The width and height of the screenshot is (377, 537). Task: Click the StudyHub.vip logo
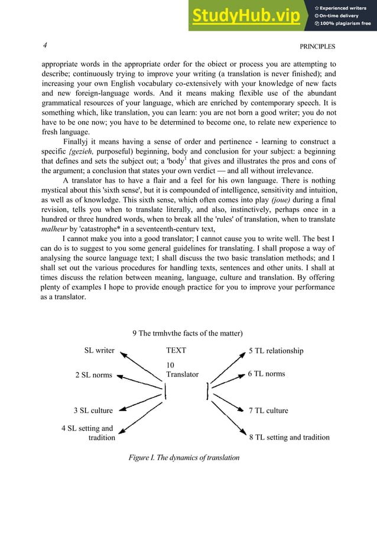[x=245, y=16]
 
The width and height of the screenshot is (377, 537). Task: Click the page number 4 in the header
[x=45, y=45]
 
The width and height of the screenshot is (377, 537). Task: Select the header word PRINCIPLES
[x=317, y=46]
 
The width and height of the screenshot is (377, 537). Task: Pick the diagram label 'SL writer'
[x=99, y=350]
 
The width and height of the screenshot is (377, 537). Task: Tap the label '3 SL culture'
[x=93, y=410]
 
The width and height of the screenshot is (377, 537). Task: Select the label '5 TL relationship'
[x=276, y=351]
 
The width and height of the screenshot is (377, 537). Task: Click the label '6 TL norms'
[x=266, y=374]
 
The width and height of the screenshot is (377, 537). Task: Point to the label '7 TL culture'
[x=268, y=410]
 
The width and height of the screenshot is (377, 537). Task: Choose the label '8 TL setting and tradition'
[x=289, y=438]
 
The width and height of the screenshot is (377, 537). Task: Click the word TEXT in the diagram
[x=176, y=350]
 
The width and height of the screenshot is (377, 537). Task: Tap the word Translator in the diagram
[x=183, y=375]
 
